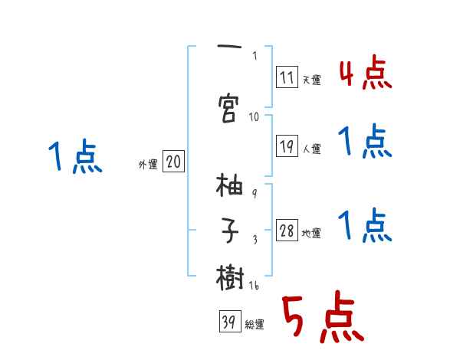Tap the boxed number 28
click(287, 231)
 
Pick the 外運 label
click(147, 165)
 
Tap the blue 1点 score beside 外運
click(74, 159)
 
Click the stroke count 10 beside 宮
click(254, 117)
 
